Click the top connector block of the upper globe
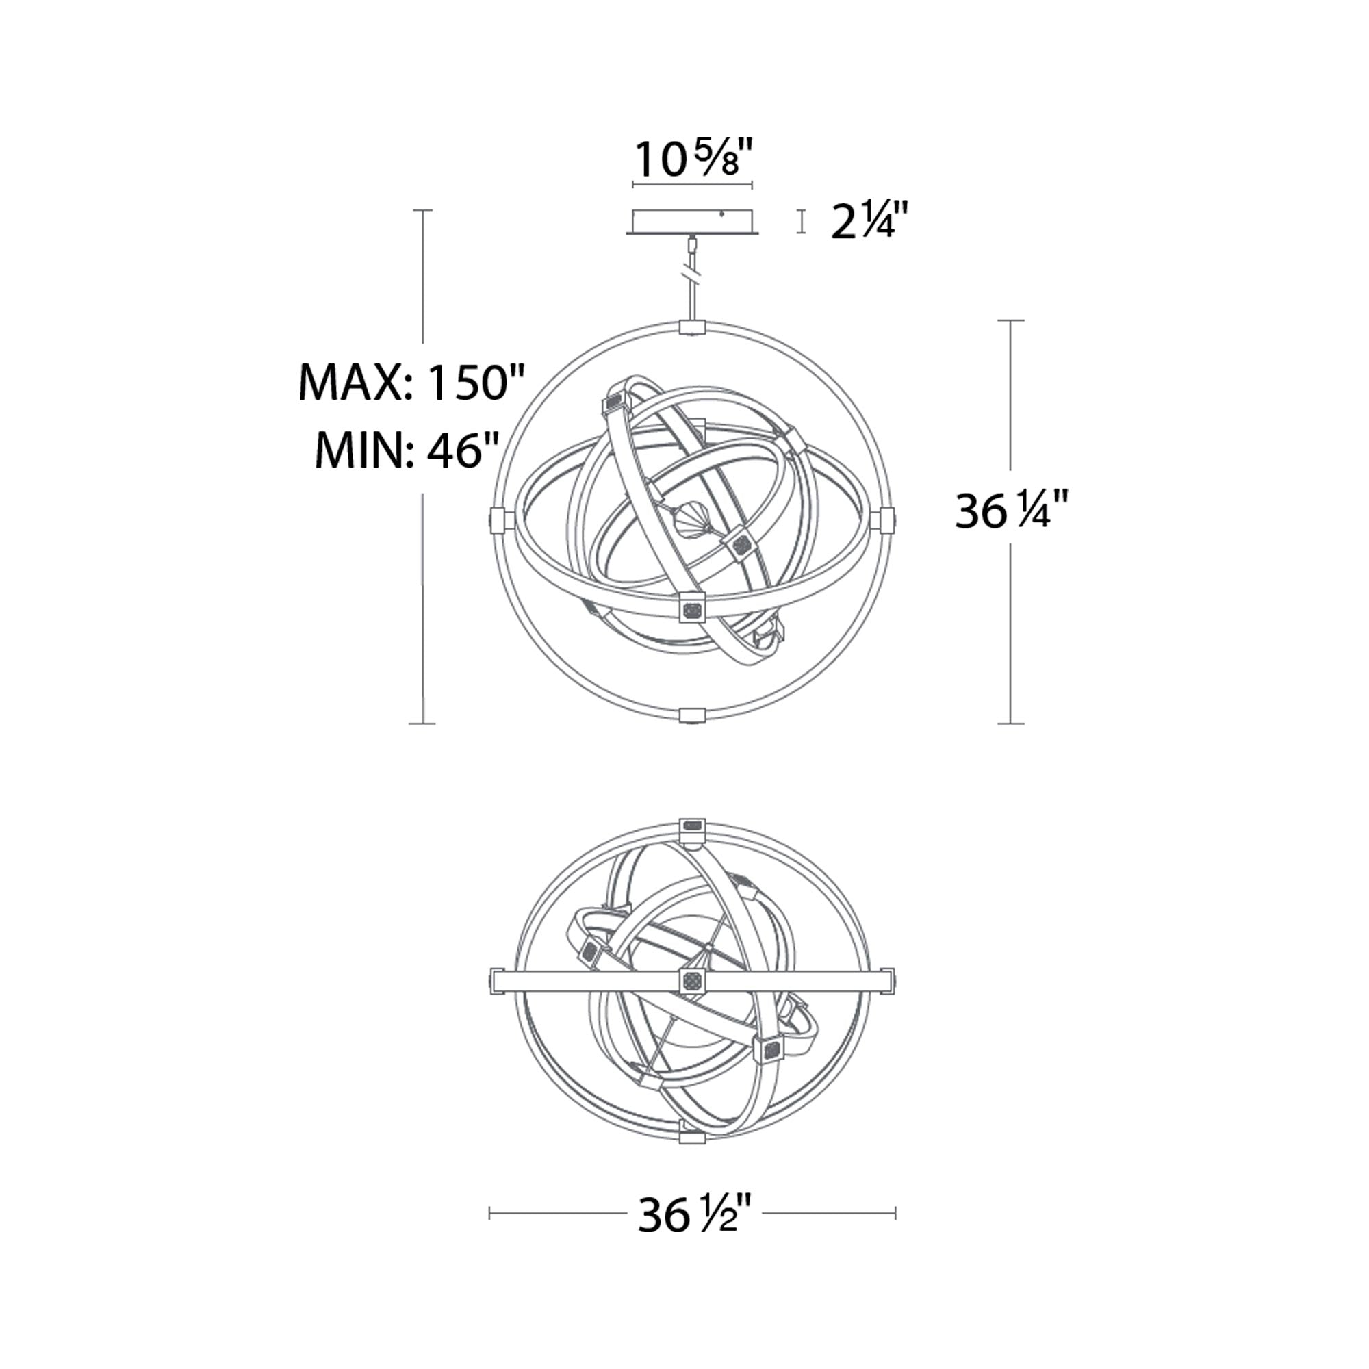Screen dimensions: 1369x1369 tap(692, 327)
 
